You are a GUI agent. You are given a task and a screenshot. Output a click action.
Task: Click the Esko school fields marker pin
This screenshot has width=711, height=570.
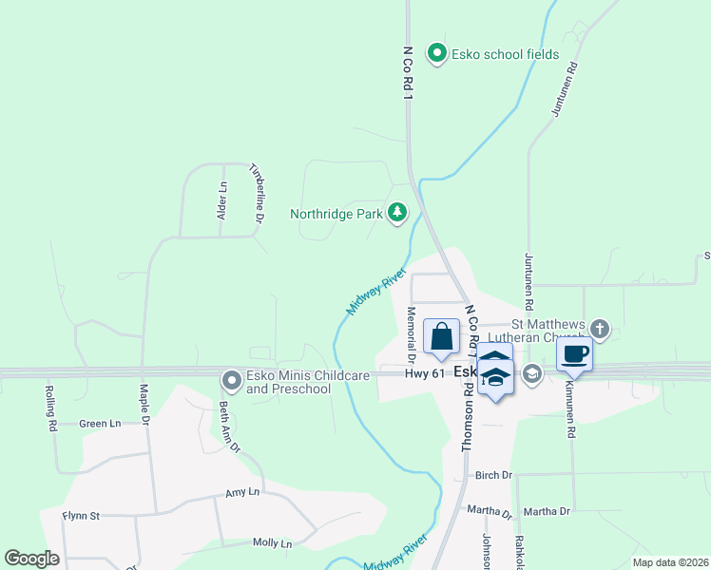click(x=437, y=53)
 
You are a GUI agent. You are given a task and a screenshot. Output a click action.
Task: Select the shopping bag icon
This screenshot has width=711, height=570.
click(x=442, y=336)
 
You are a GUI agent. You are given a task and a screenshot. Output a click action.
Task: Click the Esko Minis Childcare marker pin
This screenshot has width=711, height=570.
click(x=231, y=381)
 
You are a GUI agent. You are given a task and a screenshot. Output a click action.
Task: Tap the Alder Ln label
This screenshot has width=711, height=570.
click(x=222, y=201)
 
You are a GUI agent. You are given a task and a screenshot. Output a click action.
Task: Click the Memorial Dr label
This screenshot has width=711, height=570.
click(x=412, y=334)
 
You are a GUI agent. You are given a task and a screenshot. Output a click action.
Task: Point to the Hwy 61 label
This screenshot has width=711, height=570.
click(x=424, y=374)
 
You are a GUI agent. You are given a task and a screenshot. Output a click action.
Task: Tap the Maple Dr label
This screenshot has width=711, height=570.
click(x=144, y=405)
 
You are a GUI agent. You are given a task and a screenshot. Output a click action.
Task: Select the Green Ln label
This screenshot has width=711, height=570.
click(x=100, y=424)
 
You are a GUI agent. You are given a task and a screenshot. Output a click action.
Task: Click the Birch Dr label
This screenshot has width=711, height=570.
click(x=493, y=475)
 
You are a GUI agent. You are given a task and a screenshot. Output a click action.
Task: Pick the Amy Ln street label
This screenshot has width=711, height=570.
click(x=241, y=492)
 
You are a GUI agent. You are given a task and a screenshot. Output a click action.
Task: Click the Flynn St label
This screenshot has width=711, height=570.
click(x=81, y=516)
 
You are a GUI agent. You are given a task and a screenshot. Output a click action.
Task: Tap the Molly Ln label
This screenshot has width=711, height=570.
click(x=272, y=542)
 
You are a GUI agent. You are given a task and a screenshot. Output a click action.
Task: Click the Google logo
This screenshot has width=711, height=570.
click(x=31, y=559)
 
